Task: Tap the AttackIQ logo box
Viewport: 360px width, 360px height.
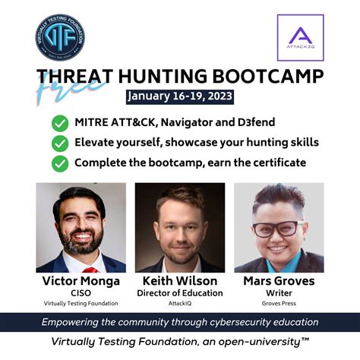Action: (x=300, y=38)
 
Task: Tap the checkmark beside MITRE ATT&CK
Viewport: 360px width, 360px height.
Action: (x=59, y=122)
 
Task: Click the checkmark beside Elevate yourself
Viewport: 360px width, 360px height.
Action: (x=59, y=143)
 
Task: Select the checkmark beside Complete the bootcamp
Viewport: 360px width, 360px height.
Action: (x=59, y=163)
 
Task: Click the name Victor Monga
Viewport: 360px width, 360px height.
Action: (x=81, y=282)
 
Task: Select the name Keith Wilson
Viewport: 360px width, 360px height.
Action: (x=180, y=282)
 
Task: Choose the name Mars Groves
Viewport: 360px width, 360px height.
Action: (x=279, y=282)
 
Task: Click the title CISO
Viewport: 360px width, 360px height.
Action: (x=81, y=293)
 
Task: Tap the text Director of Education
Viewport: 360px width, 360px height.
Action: (x=180, y=293)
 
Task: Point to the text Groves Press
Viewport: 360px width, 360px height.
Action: (x=279, y=303)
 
